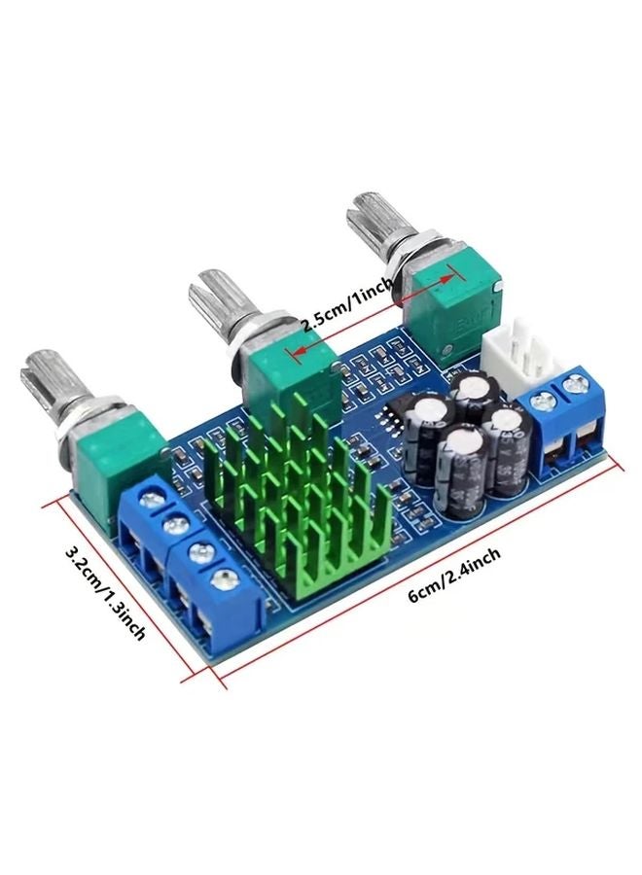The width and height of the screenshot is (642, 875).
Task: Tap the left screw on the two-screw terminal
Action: coord(545,400)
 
